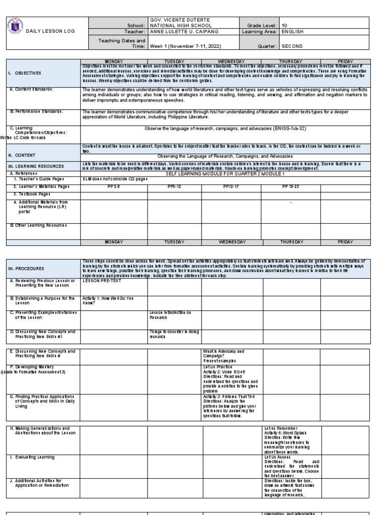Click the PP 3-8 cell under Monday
point(113,186)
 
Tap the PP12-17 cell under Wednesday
point(231,186)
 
